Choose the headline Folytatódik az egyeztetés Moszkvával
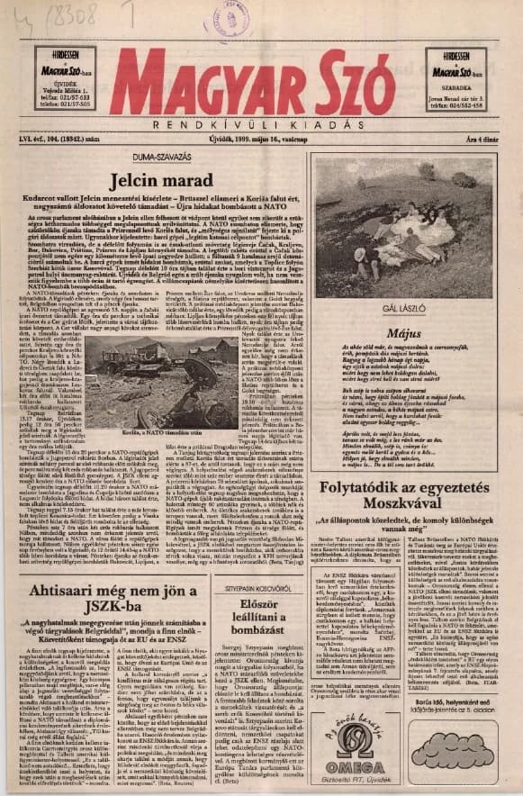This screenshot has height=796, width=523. [416, 496]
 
